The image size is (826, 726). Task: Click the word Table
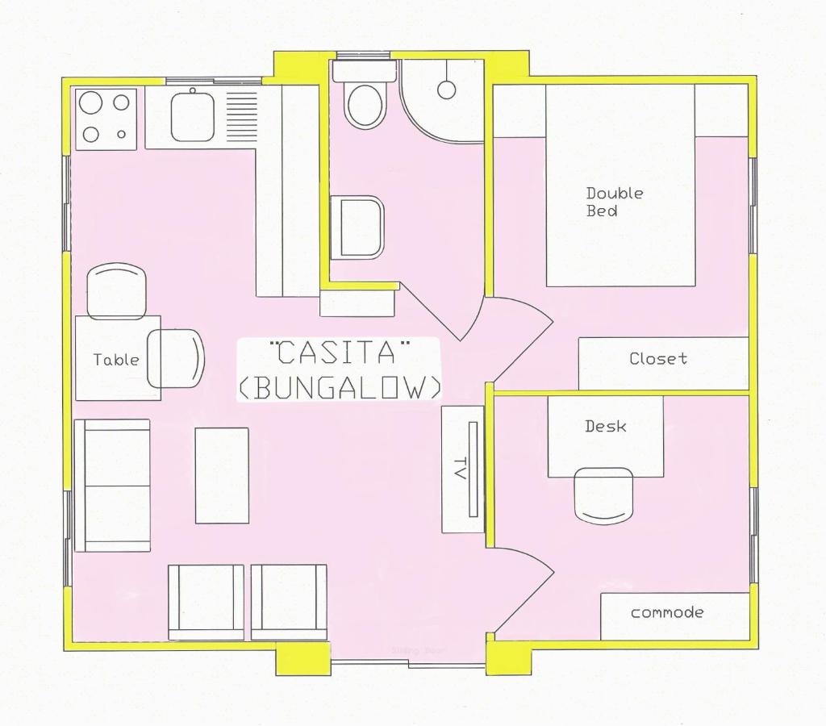pos(116,360)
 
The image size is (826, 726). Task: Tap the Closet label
pos(658,358)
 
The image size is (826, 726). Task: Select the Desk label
pos(606,426)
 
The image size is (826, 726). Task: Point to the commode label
pos(667,612)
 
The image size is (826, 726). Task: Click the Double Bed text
pos(615,202)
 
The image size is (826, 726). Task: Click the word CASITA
pos(339,353)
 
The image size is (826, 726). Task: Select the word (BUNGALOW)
pos(339,387)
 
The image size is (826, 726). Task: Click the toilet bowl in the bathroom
pos(365,104)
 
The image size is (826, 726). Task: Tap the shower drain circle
pos(447,90)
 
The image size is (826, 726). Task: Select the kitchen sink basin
pos(192,117)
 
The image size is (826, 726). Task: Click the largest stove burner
pos(90,102)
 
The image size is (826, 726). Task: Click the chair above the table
pos(116,290)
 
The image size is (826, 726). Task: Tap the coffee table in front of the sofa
pos(222,475)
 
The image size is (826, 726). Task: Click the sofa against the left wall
pos(112,485)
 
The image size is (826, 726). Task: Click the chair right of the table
pos(177,357)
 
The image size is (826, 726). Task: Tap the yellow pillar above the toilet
pos(301,65)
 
